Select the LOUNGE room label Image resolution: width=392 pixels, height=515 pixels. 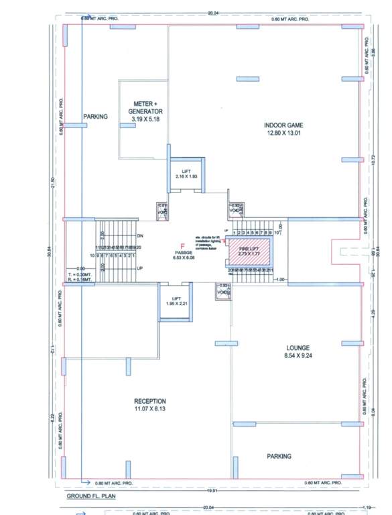click(x=297, y=348)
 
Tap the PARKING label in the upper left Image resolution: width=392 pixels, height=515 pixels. click(x=95, y=117)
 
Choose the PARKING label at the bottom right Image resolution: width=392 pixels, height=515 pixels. click(x=279, y=456)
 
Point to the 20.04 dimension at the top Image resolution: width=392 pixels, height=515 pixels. click(x=212, y=13)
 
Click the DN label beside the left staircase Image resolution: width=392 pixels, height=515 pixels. click(x=141, y=237)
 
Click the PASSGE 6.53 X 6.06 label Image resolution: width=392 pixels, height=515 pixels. click(x=180, y=255)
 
